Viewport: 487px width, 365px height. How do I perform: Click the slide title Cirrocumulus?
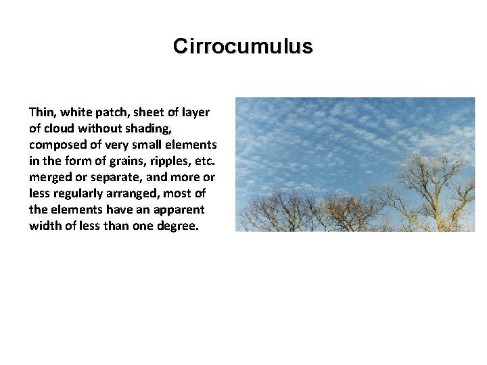(243, 46)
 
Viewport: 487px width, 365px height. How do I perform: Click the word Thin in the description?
(41, 112)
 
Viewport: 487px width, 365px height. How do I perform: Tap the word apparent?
(183, 209)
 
